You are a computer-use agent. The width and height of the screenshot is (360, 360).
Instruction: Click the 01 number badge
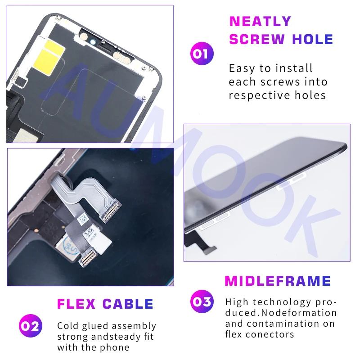point(202,54)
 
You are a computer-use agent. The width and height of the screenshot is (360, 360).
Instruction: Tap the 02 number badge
point(31,325)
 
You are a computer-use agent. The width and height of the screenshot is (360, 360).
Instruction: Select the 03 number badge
point(202,301)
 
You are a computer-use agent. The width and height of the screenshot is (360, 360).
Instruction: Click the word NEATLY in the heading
point(261,21)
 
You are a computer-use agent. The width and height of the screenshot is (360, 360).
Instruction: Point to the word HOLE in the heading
point(313,39)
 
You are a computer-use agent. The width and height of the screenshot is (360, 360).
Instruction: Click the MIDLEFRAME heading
point(278,281)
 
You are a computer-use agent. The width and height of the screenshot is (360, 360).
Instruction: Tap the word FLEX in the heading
point(76,304)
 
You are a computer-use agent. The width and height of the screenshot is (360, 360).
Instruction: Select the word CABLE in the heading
point(128,304)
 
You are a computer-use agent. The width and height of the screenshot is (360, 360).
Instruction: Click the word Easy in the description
point(242,69)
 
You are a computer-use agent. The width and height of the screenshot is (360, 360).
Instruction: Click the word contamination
point(283,324)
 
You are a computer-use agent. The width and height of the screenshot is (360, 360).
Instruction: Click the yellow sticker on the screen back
point(49,54)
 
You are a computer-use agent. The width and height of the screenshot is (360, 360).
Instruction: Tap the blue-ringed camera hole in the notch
point(93,42)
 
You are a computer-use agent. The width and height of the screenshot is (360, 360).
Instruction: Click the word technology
point(282,302)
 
